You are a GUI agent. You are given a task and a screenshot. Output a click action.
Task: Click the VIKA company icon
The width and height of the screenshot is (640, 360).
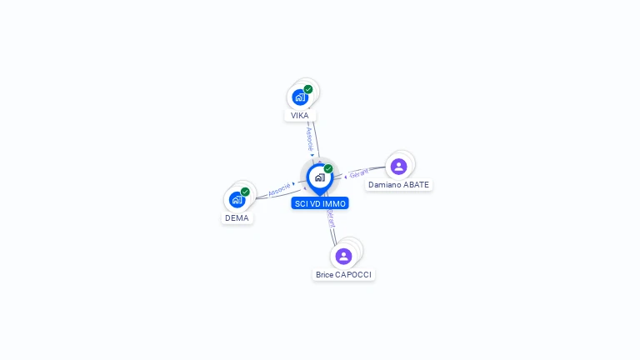(300, 97)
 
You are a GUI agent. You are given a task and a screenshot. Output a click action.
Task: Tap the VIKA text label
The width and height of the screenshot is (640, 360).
(300, 116)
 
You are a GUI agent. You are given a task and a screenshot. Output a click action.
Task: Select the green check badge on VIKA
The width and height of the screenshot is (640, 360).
(308, 89)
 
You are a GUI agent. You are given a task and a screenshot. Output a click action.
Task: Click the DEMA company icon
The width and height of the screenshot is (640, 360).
(237, 200)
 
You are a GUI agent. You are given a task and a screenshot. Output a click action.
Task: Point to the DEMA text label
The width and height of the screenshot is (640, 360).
(237, 218)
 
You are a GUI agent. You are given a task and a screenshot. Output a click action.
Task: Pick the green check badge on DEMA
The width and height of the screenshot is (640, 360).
(245, 192)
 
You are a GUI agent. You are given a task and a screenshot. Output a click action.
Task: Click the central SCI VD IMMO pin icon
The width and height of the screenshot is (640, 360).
(319, 177)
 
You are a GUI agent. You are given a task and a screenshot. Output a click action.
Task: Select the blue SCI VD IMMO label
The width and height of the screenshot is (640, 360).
(320, 203)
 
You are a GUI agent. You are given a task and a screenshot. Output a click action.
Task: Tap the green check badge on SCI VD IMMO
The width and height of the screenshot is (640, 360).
(328, 169)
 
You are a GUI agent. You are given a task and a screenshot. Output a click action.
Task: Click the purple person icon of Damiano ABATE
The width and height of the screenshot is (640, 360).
(398, 167)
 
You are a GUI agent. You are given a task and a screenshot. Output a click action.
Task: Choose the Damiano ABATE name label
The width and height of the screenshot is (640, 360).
(399, 185)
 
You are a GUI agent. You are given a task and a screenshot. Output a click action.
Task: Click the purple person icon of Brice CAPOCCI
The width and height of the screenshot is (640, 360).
(343, 256)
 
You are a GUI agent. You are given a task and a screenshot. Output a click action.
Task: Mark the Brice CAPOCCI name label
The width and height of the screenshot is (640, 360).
(344, 274)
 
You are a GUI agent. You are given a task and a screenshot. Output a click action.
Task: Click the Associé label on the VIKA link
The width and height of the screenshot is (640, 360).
(309, 134)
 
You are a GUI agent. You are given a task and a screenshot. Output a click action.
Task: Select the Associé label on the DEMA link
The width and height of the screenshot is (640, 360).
(279, 188)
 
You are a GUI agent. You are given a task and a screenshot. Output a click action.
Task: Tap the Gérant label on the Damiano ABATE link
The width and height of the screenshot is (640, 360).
(359, 173)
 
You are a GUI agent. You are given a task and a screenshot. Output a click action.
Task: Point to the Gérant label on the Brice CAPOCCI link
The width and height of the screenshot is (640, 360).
(331, 219)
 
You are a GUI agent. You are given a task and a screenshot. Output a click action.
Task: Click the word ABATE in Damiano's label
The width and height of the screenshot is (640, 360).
(416, 185)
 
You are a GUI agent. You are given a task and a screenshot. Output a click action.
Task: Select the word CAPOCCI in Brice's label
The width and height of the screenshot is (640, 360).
(354, 274)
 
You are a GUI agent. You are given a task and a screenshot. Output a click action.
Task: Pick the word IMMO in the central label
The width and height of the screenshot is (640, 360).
(334, 203)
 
